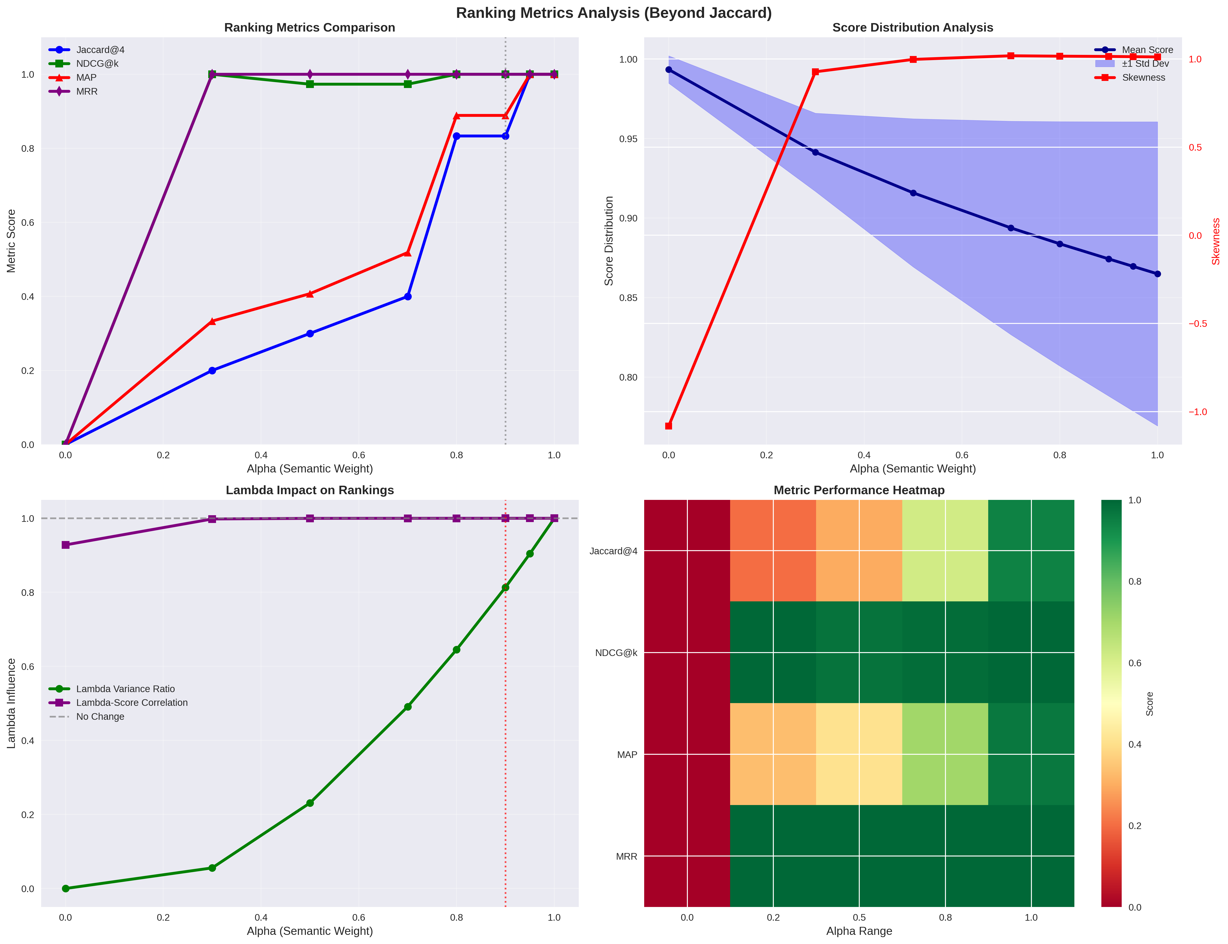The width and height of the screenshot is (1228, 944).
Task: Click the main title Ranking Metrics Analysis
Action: coord(614,13)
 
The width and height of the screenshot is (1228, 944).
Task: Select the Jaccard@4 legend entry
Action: coord(100,50)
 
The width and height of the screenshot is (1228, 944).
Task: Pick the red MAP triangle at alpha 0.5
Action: coord(310,294)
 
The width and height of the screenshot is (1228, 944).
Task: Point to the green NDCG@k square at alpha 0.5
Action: coord(310,84)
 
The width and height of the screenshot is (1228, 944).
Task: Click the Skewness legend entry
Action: coord(1143,77)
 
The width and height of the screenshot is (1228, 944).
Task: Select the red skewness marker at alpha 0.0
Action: coord(668,426)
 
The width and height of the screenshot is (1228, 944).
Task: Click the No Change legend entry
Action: coord(100,716)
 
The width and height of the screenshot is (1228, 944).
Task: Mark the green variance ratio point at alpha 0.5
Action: coord(310,803)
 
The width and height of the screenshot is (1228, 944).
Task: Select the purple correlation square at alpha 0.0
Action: coord(66,545)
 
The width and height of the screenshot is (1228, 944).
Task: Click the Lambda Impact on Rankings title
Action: coord(310,490)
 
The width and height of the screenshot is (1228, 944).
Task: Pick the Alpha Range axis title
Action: coord(859,931)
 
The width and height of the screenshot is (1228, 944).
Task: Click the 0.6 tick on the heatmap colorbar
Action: coord(1135,663)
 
